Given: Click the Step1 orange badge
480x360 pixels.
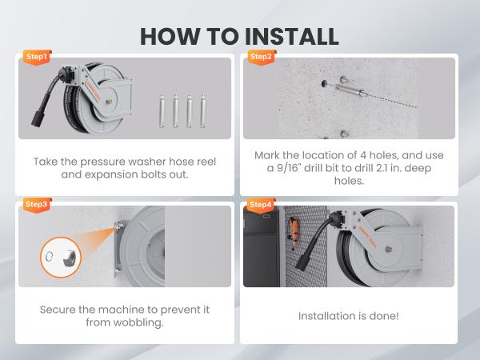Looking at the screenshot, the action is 37,58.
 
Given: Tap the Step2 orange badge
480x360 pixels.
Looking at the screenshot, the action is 261,58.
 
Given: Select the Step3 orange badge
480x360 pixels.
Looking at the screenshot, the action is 37,205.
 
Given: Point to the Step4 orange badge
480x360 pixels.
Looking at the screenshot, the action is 261,205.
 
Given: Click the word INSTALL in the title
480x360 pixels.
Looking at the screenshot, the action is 292,37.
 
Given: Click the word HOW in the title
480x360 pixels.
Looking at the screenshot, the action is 170,37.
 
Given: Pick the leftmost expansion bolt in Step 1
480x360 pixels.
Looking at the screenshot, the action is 162,111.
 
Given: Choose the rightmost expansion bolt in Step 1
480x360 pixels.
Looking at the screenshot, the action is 202,111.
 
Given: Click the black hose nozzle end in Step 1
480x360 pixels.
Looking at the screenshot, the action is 38,118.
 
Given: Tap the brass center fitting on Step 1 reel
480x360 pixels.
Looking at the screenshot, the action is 109,101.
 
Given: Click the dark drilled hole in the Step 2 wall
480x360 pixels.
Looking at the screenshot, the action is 324,83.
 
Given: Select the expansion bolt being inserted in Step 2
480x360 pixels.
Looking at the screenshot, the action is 350,90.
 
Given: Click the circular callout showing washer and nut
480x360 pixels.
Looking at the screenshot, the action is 61,257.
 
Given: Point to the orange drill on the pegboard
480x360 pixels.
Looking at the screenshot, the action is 294,234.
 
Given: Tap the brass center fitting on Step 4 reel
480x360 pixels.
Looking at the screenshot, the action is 389,250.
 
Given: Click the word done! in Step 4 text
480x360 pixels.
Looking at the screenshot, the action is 384,316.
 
